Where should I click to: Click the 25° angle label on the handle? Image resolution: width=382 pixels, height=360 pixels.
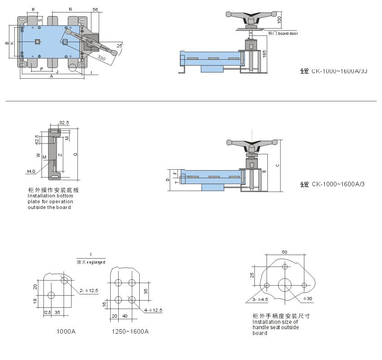point(119,46)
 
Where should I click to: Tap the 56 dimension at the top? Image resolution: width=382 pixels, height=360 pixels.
point(95,9)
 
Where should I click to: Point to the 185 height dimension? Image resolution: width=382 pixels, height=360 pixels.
point(264,54)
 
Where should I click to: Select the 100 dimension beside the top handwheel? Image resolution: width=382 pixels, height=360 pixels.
point(279,20)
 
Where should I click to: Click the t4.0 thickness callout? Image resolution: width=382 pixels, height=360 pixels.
point(31,171)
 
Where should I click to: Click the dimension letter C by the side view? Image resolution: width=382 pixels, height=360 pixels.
point(277,165)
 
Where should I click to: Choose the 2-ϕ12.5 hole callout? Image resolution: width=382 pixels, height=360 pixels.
point(89,290)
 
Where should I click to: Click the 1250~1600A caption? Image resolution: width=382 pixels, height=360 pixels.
point(130,331)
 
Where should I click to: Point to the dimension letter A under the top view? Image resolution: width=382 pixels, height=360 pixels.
point(52,76)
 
